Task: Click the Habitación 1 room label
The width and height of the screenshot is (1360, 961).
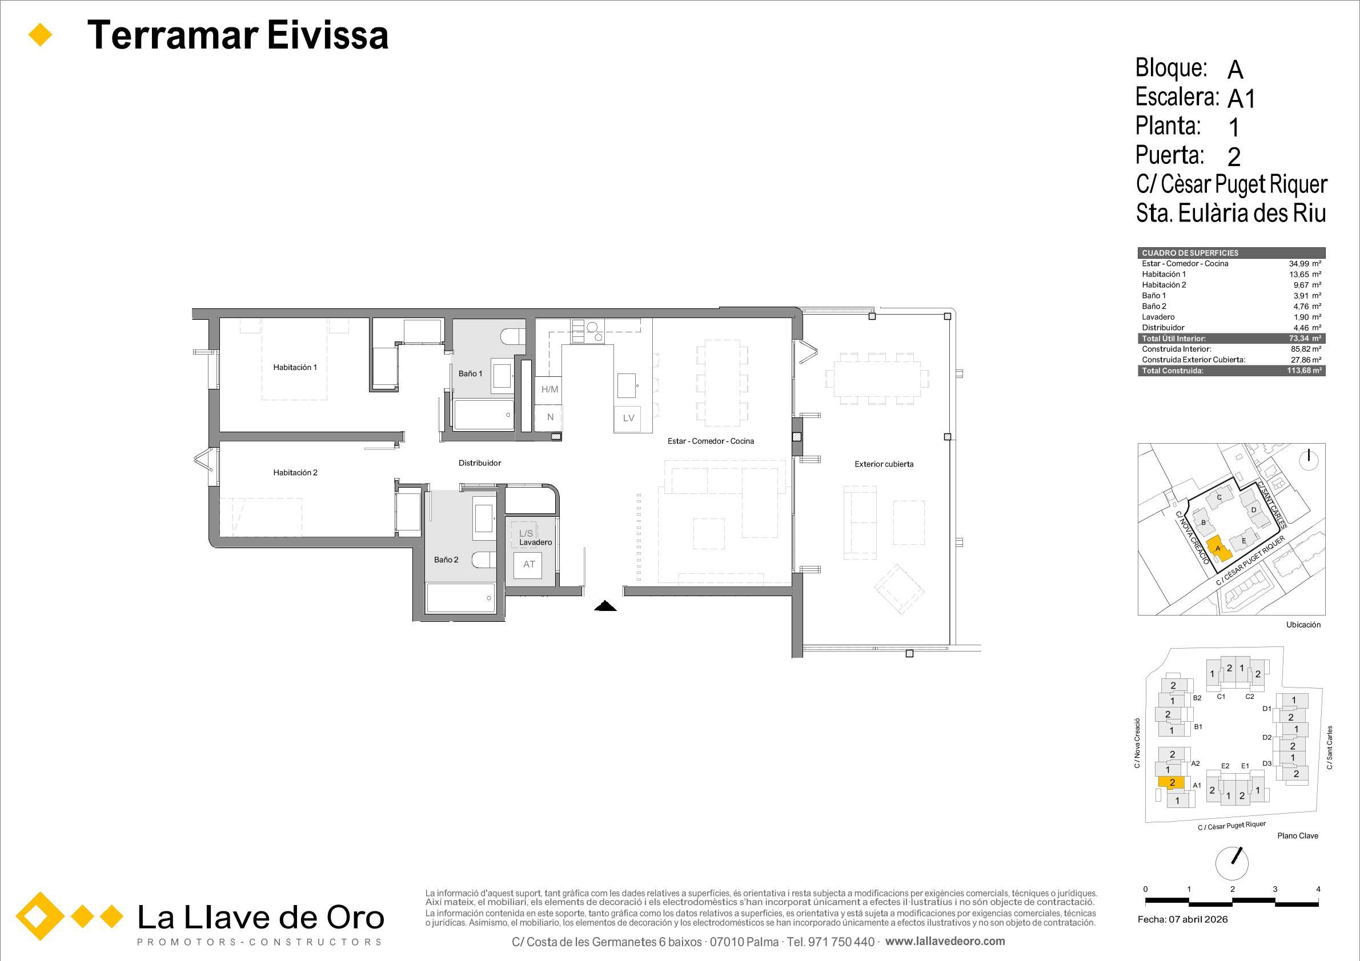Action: pyautogui.click(x=295, y=367)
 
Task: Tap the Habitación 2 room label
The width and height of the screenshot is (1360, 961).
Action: pyautogui.click(x=295, y=473)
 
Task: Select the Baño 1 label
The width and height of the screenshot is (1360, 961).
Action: pyautogui.click(x=470, y=373)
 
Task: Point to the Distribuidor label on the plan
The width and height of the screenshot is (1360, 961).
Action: pyautogui.click(x=480, y=463)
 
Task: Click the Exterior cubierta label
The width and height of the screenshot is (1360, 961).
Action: pyautogui.click(x=884, y=464)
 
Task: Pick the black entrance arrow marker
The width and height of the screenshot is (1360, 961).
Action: pyautogui.click(x=605, y=605)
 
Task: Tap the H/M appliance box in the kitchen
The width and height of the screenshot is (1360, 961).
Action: pyautogui.click(x=549, y=389)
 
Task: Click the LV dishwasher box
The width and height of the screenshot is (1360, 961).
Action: pyautogui.click(x=628, y=418)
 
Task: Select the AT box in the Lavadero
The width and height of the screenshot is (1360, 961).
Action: pyautogui.click(x=529, y=564)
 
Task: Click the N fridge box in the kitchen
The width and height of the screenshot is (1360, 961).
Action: pyautogui.click(x=549, y=417)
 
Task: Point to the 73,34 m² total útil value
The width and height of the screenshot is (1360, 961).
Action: pyautogui.click(x=1305, y=339)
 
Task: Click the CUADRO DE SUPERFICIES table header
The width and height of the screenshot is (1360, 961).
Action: pyautogui.click(x=1189, y=253)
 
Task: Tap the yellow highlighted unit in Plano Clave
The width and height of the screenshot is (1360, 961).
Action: pyautogui.click(x=1171, y=783)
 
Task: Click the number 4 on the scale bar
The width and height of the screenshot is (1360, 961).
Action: pyautogui.click(x=1318, y=888)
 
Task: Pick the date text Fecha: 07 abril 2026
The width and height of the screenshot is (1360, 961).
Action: pyautogui.click(x=1182, y=919)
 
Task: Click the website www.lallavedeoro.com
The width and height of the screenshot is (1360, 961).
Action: pyautogui.click(x=945, y=941)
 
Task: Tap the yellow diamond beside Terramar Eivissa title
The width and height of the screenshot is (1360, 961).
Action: pyautogui.click(x=41, y=35)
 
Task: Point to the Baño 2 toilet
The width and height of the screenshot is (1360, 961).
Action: pyautogui.click(x=485, y=560)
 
